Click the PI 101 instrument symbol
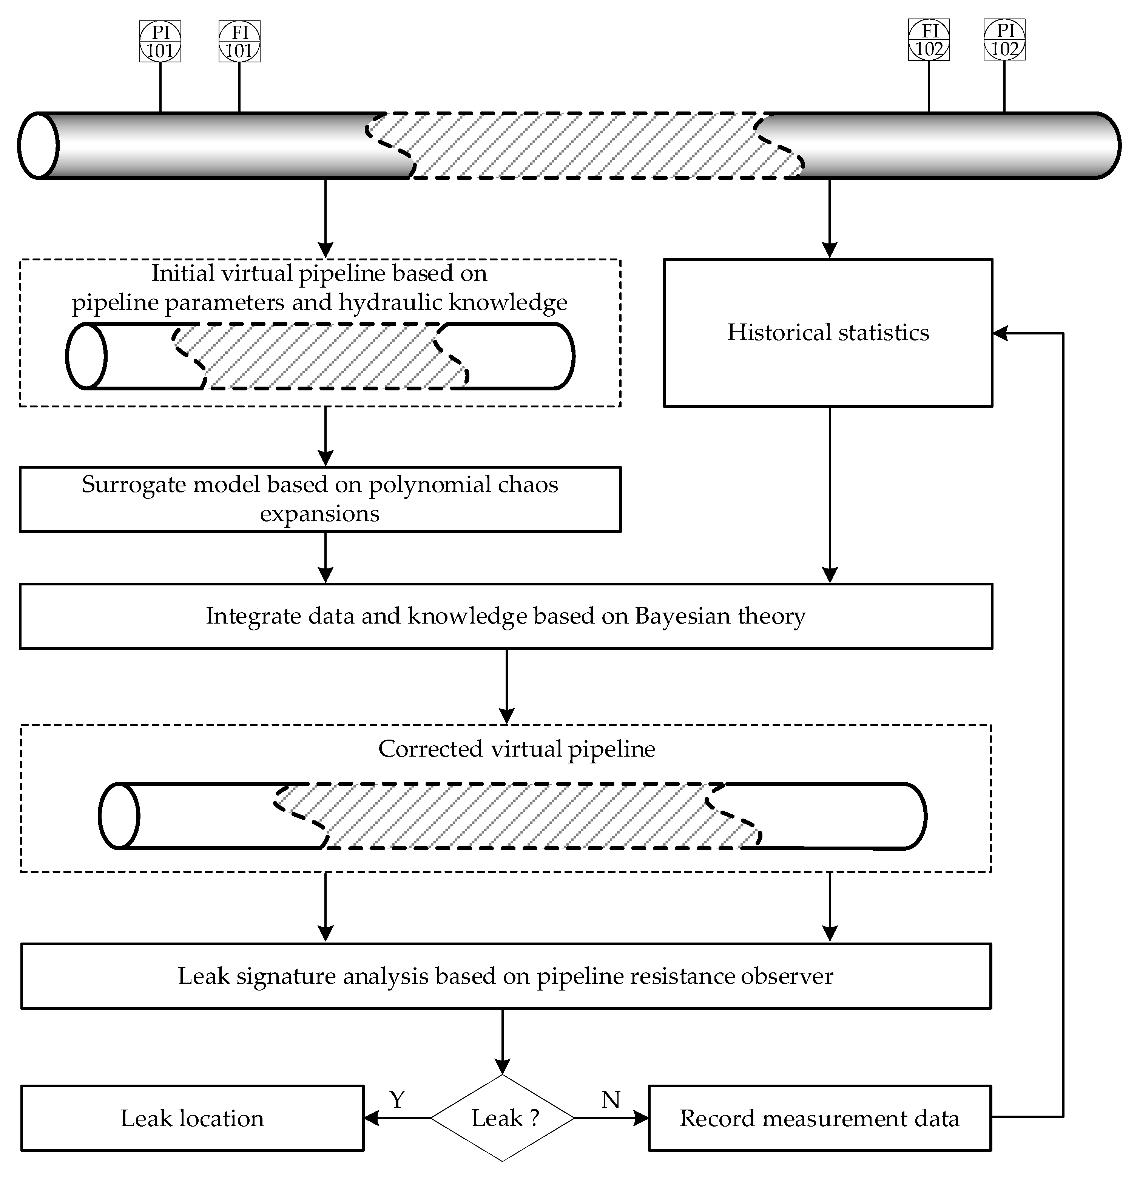(x=160, y=41)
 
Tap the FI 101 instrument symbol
(x=239, y=41)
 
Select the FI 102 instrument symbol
(x=929, y=40)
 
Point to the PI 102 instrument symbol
(x=1004, y=40)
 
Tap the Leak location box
(x=192, y=1118)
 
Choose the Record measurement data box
(x=819, y=1118)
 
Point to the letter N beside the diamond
(x=611, y=1100)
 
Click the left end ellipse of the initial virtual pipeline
(x=86, y=356)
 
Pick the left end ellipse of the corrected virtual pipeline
(x=119, y=816)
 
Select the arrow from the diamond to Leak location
(x=398, y=1118)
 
